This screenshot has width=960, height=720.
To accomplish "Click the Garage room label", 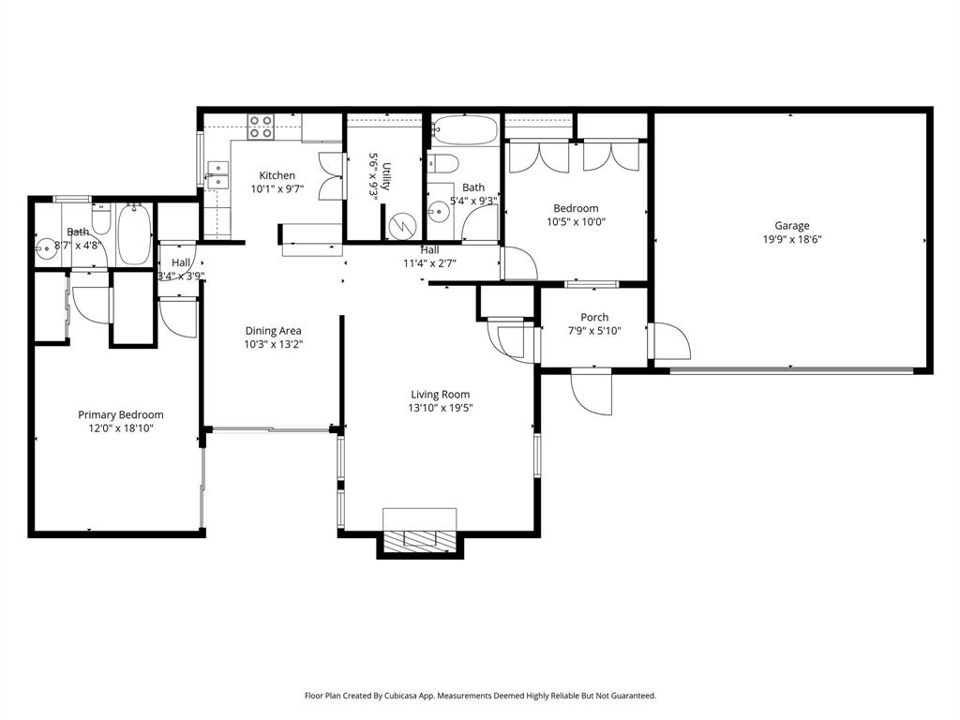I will click(791, 225).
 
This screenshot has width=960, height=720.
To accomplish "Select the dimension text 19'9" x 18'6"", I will click(791, 239).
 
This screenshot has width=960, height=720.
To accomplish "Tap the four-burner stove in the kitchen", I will click(261, 127).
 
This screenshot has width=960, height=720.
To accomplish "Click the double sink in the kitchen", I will click(217, 175).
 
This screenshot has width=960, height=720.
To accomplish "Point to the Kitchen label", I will click(277, 175).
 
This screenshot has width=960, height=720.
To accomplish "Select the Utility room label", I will click(385, 176).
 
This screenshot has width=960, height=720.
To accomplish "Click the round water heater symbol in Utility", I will click(401, 227).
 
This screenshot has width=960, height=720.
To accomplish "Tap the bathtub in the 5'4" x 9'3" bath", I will click(465, 129).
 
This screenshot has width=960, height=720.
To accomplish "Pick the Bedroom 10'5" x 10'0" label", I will click(576, 208).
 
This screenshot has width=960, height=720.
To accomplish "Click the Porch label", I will click(594, 317).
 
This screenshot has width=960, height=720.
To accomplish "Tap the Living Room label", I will click(440, 395).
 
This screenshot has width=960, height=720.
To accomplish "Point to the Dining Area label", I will click(274, 330).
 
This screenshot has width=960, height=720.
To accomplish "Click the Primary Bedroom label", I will click(120, 414).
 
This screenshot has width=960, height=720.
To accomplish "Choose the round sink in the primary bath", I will click(45, 248).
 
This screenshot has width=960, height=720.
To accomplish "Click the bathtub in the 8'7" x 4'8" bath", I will click(135, 234).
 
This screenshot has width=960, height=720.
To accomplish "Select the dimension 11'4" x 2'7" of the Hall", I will click(429, 263).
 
